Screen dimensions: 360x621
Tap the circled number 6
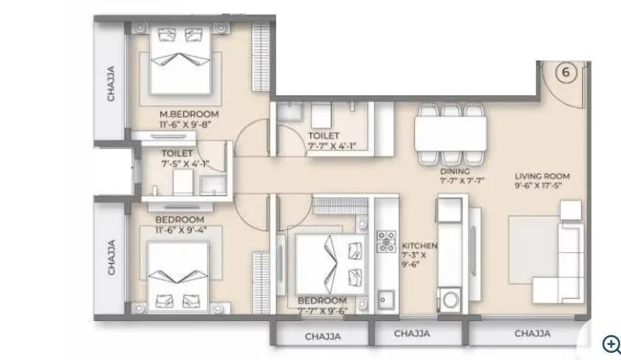(565, 72)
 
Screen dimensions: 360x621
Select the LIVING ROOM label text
(542, 176)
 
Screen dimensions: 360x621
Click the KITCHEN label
(420, 245)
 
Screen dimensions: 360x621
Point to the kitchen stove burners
(386, 242)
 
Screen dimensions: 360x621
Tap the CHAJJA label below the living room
(531, 335)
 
